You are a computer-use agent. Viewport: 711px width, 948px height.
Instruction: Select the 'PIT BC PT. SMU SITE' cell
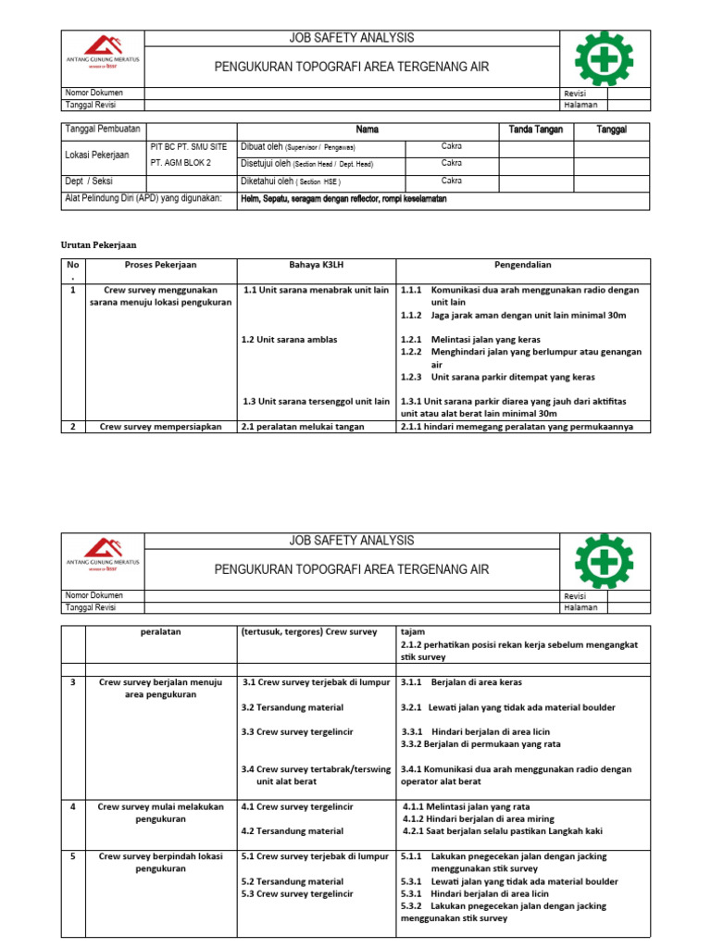tap(188, 147)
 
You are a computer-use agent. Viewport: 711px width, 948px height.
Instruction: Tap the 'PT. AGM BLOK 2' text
tap(181, 163)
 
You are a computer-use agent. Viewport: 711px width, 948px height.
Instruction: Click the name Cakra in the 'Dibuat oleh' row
tap(451, 146)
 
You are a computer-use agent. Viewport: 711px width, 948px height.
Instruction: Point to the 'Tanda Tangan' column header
tap(536, 130)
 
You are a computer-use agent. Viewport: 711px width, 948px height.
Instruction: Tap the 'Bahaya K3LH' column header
tap(316, 265)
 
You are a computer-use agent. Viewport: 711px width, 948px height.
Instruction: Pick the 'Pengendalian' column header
tap(523, 265)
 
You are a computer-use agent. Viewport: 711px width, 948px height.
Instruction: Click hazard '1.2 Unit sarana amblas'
tap(289, 340)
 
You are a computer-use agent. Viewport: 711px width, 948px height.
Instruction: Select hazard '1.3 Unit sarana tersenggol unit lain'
tap(316, 401)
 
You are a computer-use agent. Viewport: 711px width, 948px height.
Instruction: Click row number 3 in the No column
tap(72, 682)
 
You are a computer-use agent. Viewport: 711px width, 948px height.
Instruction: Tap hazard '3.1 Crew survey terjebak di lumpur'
tap(316, 682)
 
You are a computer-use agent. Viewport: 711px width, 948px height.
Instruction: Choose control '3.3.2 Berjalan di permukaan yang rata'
tap(480, 743)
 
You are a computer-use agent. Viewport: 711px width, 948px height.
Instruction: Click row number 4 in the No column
tap(72, 806)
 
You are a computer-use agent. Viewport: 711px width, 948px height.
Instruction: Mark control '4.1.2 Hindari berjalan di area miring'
tap(480, 818)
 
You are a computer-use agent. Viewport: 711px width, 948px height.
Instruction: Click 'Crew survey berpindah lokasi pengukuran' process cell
tap(161, 863)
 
